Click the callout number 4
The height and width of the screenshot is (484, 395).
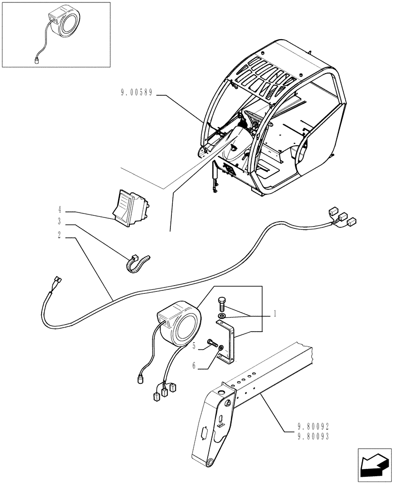60,210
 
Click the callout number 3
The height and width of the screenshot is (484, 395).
60,222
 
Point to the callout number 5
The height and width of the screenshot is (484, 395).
194,347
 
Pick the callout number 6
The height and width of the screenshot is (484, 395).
194,366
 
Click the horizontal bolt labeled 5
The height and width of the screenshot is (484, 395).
212,344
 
